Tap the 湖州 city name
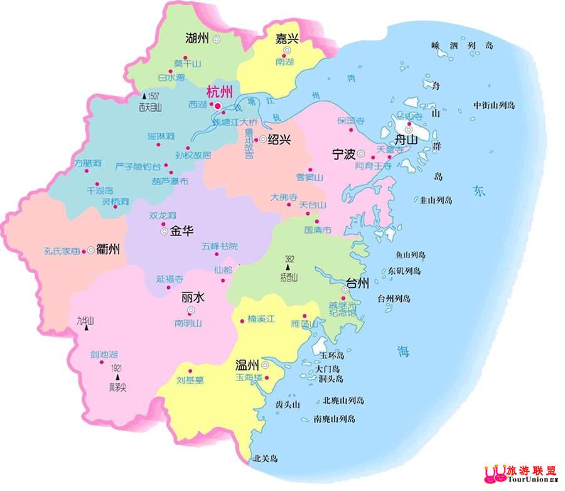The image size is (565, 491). (x=197, y=38)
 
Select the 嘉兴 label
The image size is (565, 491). (x=287, y=38)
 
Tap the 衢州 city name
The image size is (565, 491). (x=108, y=249)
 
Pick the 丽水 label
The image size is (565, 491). (x=190, y=296)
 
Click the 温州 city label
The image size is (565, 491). (x=247, y=364)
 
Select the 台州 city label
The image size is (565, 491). (x=360, y=283)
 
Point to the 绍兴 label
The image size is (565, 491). (x=278, y=139)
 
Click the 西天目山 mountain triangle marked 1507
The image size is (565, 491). (x=144, y=96)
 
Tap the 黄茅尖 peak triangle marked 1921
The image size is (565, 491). (x=117, y=377)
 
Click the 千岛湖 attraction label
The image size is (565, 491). (x=100, y=190)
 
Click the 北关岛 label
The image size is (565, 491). (x=264, y=459)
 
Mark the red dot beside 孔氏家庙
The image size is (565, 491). (x=83, y=251)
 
